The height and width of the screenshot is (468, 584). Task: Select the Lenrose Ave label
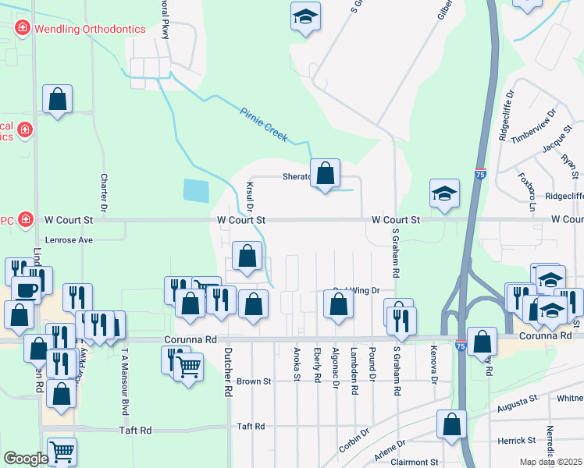(69, 240)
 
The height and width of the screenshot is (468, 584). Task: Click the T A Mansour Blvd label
(123, 370)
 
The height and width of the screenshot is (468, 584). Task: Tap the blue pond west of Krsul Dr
(197, 191)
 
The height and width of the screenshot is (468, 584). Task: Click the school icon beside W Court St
(443, 194)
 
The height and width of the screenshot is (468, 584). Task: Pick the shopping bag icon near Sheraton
(325, 173)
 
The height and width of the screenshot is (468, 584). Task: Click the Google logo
(25, 459)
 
